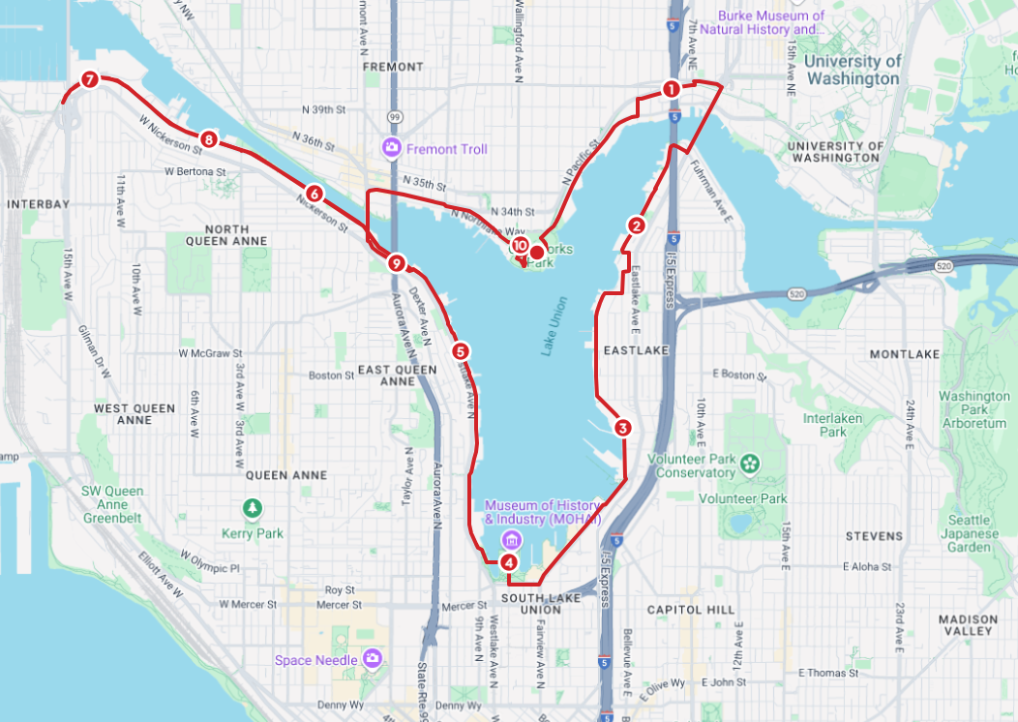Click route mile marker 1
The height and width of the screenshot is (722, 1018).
pos(670,89)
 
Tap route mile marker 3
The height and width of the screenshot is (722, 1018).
pos(622,427)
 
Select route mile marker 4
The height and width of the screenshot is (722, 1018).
pos(509,562)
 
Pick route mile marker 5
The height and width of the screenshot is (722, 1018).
pos(461,351)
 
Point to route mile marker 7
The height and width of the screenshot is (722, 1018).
pos(89,80)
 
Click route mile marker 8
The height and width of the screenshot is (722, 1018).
pos(208,139)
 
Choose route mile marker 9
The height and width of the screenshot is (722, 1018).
pos(395,262)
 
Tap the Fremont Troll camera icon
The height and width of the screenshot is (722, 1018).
pos(392,149)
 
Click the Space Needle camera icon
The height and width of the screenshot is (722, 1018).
pos(373,660)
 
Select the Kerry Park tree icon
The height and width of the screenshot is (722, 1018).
pos(253,507)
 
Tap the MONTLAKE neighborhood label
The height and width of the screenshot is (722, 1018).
pos(904,354)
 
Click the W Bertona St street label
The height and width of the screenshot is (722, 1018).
pos(195,171)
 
